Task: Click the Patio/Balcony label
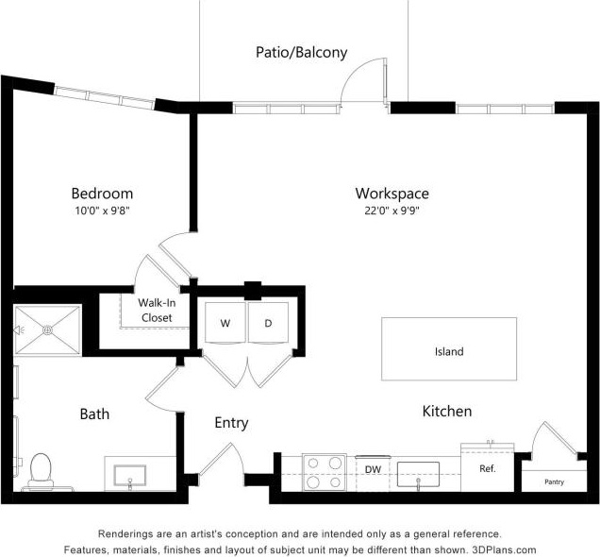coord(302,53)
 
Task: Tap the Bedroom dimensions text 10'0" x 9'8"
coord(103,211)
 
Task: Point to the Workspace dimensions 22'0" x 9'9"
coord(392,211)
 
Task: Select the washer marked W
coord(225,323)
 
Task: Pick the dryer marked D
coord(268,323)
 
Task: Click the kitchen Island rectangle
coord(449,348)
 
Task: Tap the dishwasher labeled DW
coord(373,474)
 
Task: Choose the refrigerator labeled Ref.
coord(488,468)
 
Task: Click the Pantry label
coord(554,482)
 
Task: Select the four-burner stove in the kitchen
coord(325,473)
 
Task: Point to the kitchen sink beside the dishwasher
coord(418,475)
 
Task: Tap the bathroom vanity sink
coord(130,476)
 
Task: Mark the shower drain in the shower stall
coord(47,330)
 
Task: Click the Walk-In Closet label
coord(157,310)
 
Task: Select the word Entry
coord(231,423)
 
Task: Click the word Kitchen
coord(447,412)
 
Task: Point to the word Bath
coord(94,414)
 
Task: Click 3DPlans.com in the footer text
coord(504,549)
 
